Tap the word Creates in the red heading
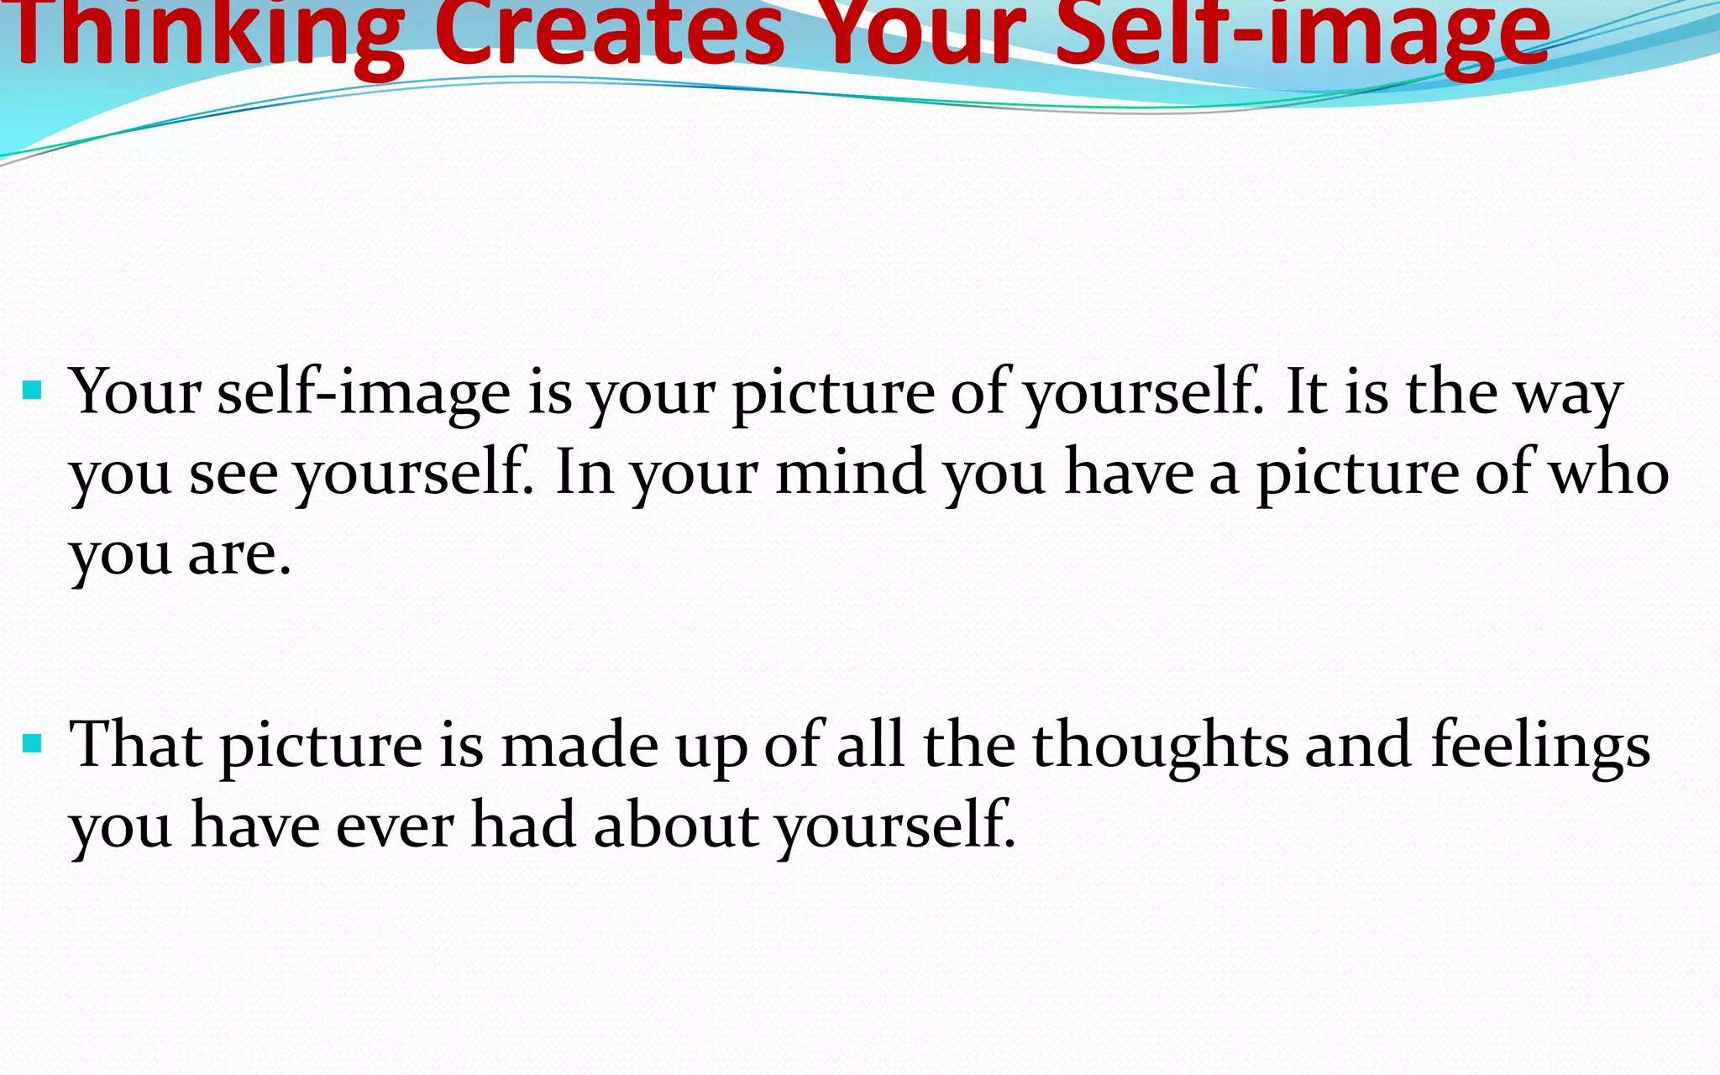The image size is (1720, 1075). [609, 34]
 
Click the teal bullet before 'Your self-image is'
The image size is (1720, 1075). [33, 391]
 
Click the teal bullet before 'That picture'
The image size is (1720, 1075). [33, 743]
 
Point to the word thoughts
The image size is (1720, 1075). [1160, 744]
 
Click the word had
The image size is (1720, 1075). [524, 825]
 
